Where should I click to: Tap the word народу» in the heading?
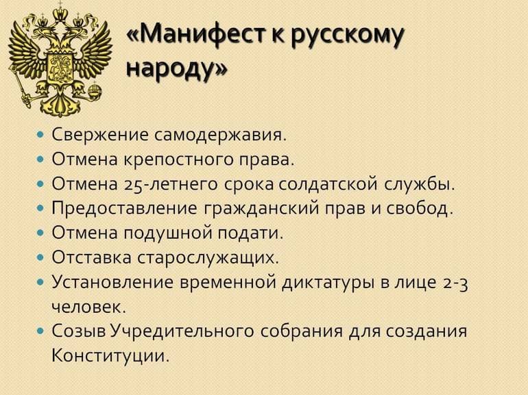click(176, 70)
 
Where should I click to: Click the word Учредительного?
click(182, 331)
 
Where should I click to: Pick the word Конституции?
click(110, 356)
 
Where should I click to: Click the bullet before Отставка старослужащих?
click(41, 258)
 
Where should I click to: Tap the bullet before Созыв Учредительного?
click(41, 332)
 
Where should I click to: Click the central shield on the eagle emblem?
click(61, 65)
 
